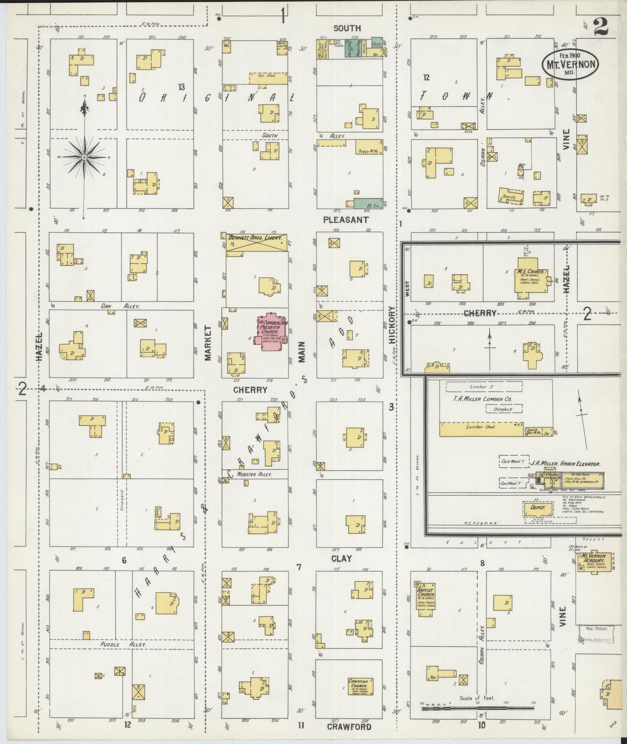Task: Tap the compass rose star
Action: point(84,157)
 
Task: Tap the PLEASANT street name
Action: point(345,220)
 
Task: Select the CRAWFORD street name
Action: point(349,727)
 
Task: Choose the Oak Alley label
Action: point(120,306)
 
